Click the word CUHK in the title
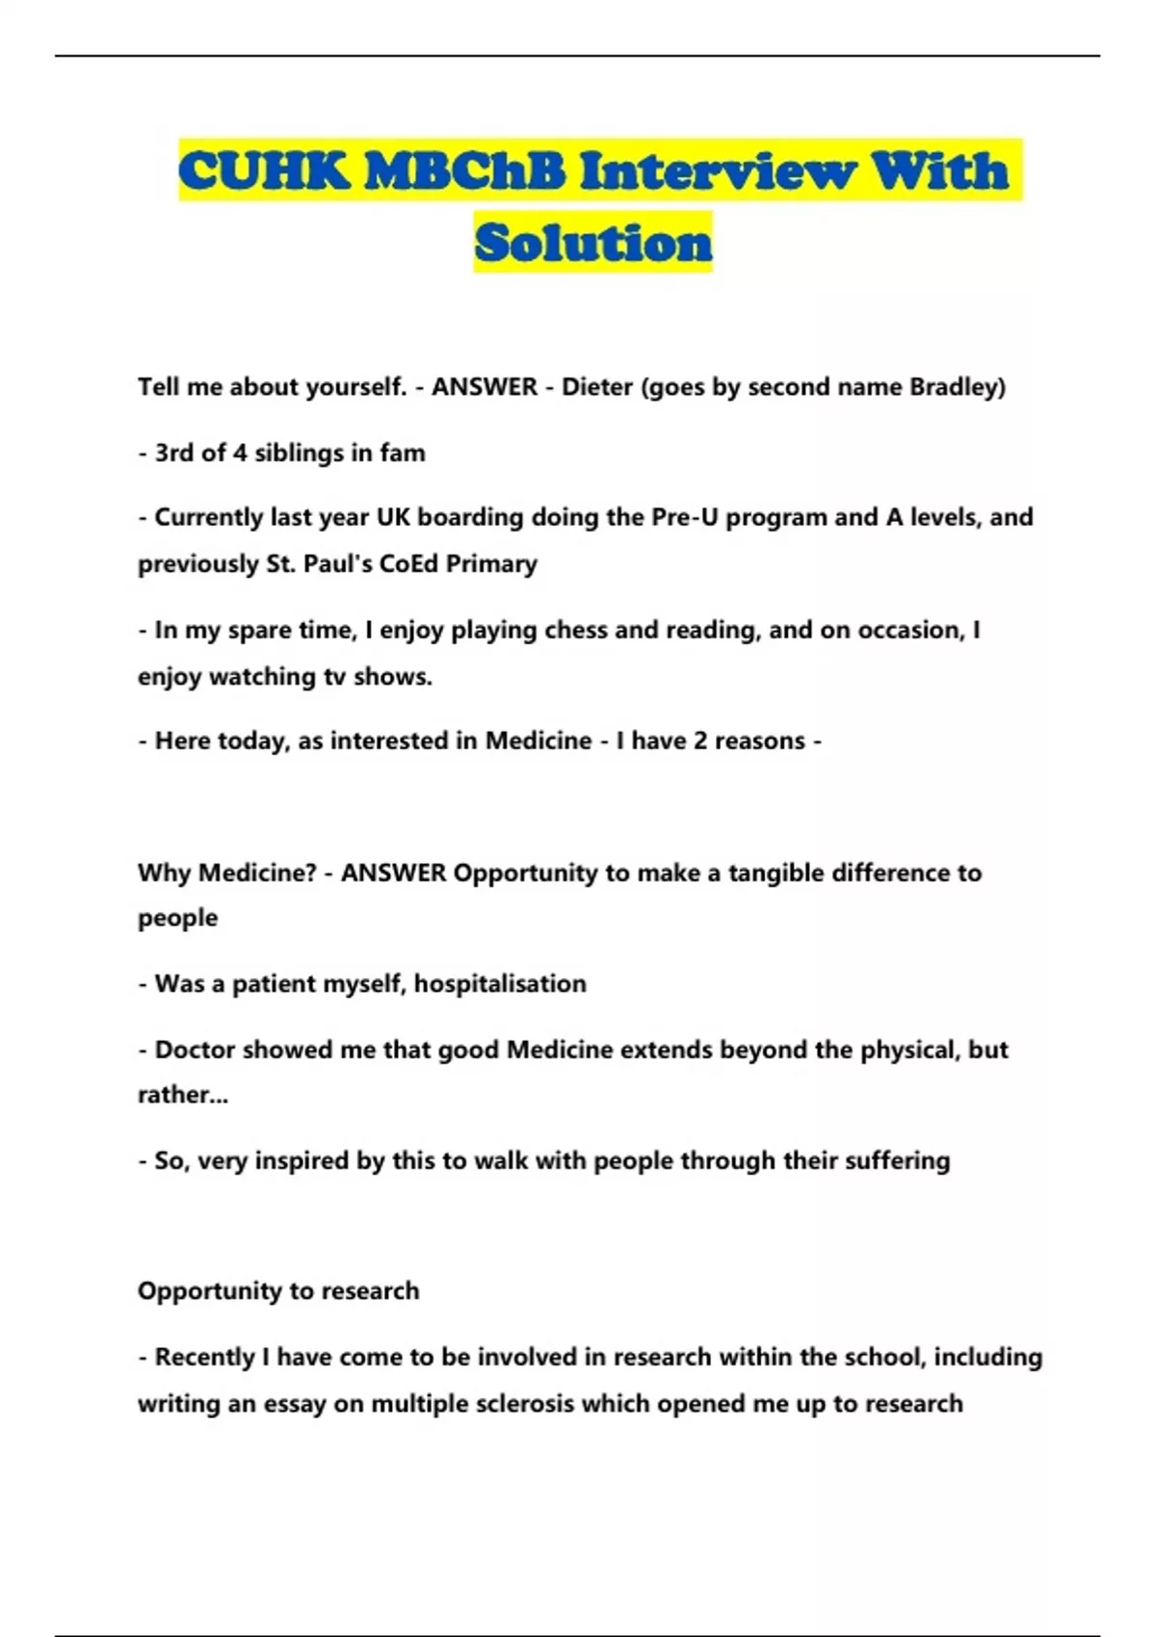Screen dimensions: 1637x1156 coord(262,171)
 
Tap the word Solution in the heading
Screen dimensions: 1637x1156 coord(593,243)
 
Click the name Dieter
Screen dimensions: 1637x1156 coord(597,387)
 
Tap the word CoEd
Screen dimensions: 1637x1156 coord(409,563)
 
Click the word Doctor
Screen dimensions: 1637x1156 coord(196,1050)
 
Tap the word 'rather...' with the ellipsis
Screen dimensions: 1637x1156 coord(183,1095)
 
